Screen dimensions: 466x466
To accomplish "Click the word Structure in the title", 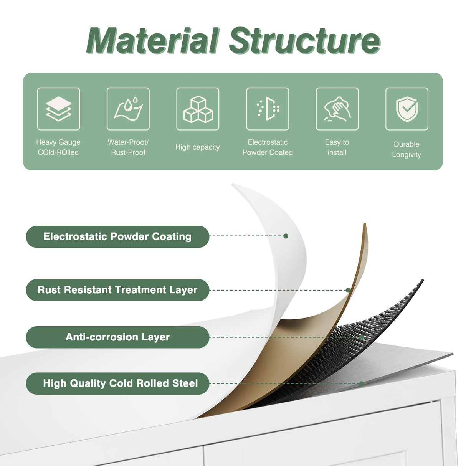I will click(x=304, y=41).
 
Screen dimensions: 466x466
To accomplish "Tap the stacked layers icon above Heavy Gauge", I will click(x=58, y=109).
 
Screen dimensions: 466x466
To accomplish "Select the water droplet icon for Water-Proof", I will click(x=128, y=109).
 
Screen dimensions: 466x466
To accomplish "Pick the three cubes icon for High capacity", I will click(x=198, y=109).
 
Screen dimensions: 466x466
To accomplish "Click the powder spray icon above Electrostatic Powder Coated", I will click(x=268, y=109).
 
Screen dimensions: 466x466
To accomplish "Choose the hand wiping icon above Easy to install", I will click(x=337, y=109).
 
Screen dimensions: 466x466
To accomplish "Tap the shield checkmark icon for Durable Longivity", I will click(x=407, y=109).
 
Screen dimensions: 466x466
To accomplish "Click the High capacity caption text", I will click(x=197, y=147).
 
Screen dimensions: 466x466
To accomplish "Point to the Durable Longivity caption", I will click(x=407, y=149).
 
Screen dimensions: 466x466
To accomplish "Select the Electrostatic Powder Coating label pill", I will click(x=117, y=236).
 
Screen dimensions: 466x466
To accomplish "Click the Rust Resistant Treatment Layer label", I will click(x=117, y=290).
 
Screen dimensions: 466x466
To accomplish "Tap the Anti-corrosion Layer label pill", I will click(x=117, y=337).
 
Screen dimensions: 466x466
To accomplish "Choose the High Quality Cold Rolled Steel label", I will click(x=117, y=383).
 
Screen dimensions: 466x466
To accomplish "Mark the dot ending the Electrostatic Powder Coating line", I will click(x=286, y=236).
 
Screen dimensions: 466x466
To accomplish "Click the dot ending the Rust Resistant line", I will click(x=348, y=290).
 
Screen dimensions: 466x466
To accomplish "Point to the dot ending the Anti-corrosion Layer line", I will click(x=362, y=337).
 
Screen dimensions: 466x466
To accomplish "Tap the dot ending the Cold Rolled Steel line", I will click(x=362, y=383).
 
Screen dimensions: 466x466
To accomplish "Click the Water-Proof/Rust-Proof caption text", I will click(x=128, y=147).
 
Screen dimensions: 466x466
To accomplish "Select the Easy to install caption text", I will click(x=337, y=147).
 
